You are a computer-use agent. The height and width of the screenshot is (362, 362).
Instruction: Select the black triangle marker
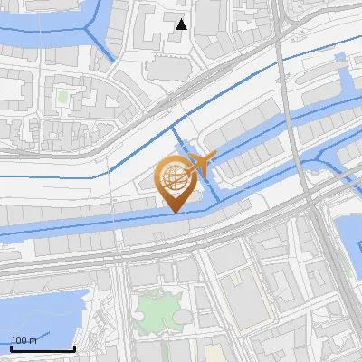pos(182,24)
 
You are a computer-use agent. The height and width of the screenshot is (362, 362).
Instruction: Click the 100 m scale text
pos(24,340)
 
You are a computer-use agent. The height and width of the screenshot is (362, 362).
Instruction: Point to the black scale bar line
pos(43,348)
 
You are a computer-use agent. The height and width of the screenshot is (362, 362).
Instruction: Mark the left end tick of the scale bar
pos(11,347)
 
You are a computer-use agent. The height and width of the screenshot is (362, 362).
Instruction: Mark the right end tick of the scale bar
pos(74,347)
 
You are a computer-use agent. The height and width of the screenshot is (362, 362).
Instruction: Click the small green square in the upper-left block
pos(62,95)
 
